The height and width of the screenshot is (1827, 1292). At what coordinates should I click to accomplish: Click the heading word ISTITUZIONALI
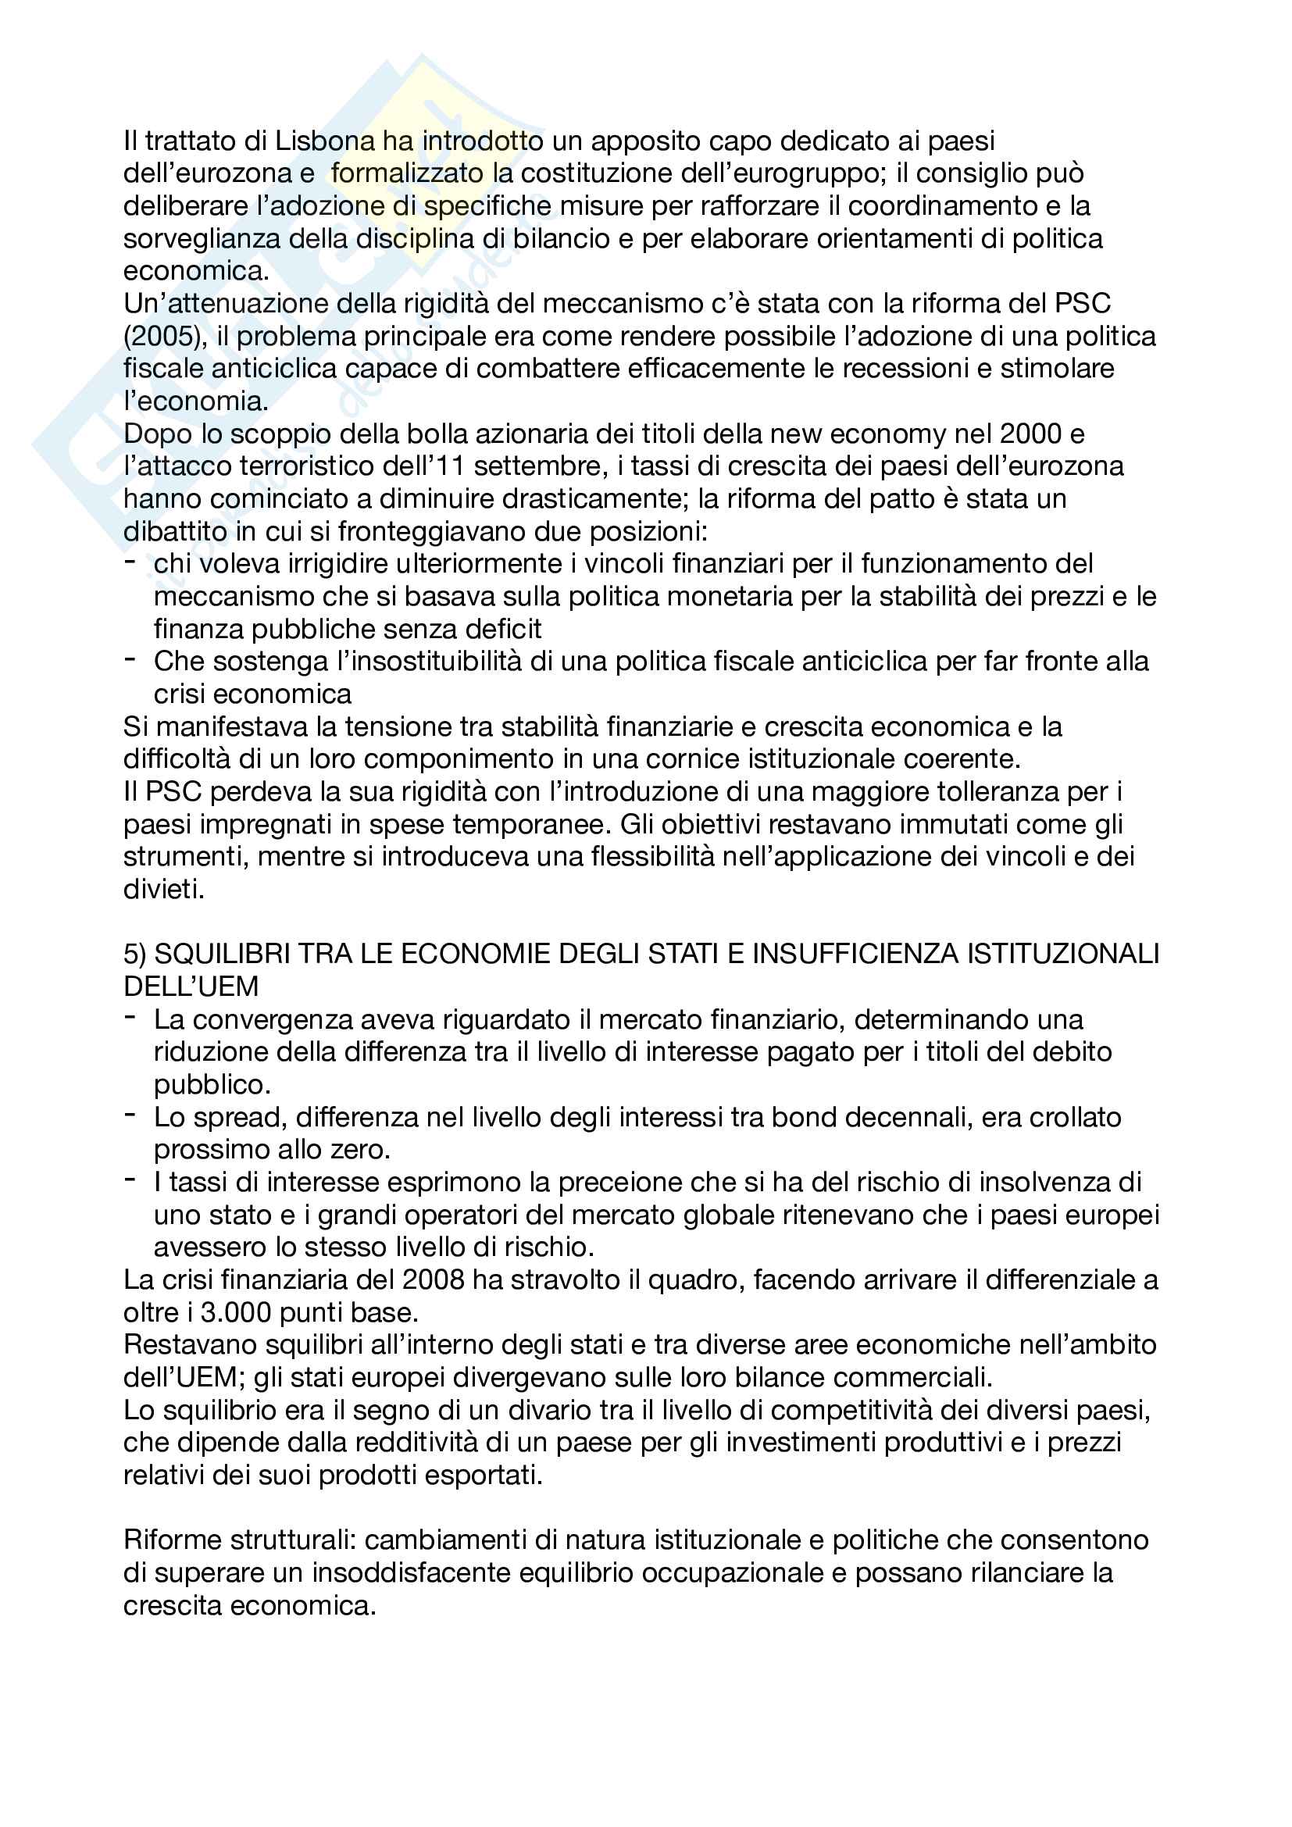(1063, 954)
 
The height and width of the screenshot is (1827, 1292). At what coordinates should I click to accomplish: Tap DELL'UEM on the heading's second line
(191, 987)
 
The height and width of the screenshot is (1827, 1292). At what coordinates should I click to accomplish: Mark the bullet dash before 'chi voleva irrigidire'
(130, 562)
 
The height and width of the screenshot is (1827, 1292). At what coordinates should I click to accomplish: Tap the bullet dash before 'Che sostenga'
(130, 660)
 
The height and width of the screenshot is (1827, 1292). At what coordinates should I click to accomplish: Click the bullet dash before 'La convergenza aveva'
(130, 1019)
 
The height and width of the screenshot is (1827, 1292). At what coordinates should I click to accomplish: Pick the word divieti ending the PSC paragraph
(162, 890)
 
